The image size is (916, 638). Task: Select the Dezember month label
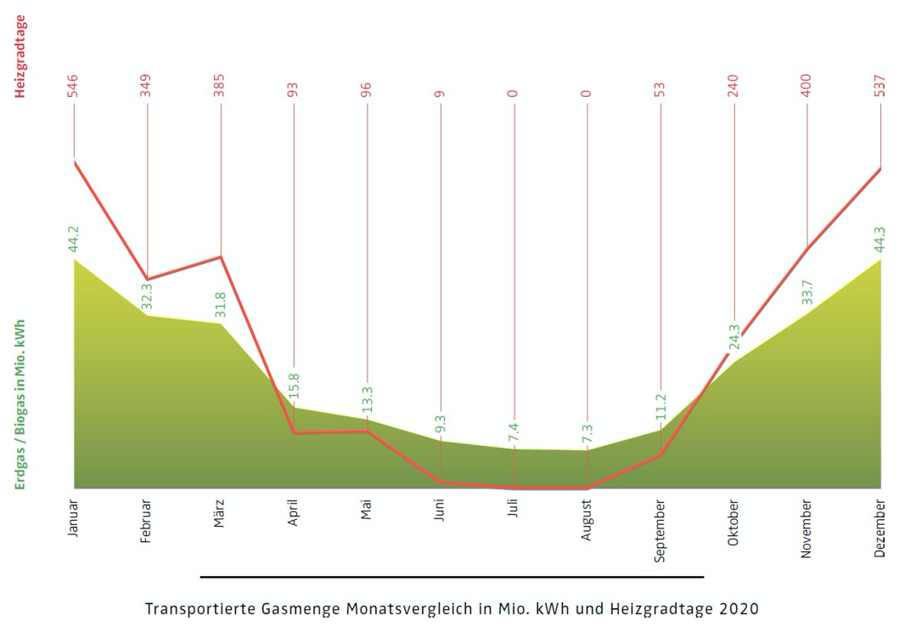pos(880,528)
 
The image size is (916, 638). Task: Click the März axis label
pos(220,515)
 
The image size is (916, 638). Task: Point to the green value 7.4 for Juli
pos(514,432)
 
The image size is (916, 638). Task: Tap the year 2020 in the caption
pos(739,609)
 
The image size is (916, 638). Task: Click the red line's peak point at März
pos(221,257)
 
